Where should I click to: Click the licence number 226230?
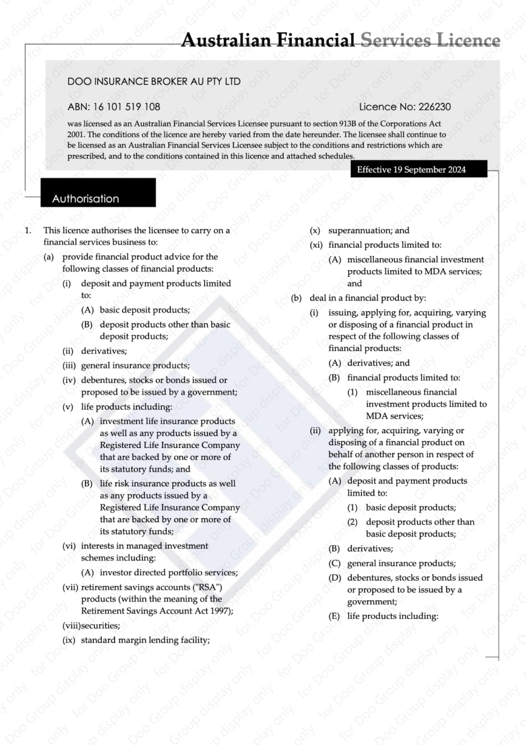tap(435, 107)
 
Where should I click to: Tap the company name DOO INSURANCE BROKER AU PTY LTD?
tap(153, 82)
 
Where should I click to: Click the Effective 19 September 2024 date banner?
tap(411, 169)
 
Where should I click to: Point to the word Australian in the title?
tap(226, 41)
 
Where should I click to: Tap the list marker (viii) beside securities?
tap(71, 626)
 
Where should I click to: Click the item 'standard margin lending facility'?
tap(145, 640)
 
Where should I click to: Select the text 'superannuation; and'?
tap(369, 230)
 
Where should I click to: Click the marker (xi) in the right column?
tap(316, 245)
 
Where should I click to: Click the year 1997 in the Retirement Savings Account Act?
tap(220, 611)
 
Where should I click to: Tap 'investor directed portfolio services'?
tap(169, 572)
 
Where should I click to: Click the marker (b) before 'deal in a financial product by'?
tap(296, 298)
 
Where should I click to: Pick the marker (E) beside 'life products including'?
tap(334, 616)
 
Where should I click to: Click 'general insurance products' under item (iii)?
tap(135, 365)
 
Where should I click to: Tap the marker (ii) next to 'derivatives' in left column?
tap(69, 351)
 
